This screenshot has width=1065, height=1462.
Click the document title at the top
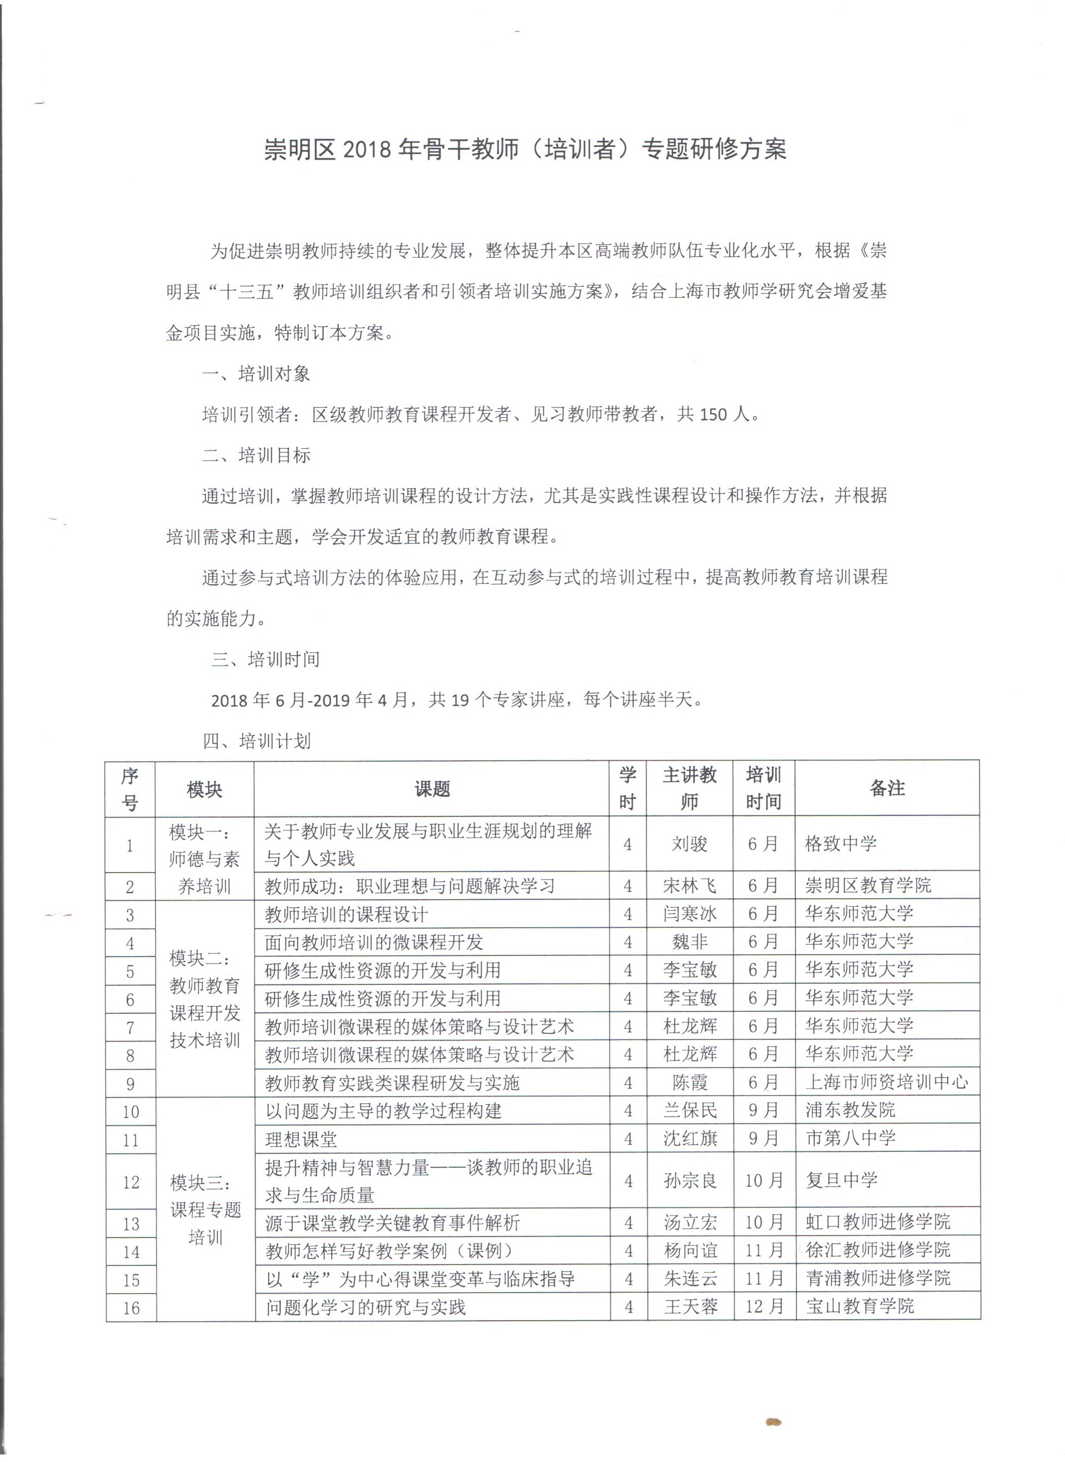click(525, 149)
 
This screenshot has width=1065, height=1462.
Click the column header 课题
click(432, 788)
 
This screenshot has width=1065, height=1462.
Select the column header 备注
click(887, 788)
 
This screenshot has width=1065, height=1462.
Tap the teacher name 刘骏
click(689, 844)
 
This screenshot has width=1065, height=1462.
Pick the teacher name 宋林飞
click(689, 886)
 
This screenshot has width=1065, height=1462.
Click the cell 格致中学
click(840, 844)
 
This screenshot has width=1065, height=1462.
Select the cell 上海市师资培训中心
click(887, 1082)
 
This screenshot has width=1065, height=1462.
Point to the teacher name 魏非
click(689, 942)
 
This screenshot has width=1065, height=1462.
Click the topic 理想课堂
click(301, 1139)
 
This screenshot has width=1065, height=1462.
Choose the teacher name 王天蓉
click(691, 1307)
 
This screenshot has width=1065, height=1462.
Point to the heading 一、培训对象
click(256, 374)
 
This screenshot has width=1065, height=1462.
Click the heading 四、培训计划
click(257, 741)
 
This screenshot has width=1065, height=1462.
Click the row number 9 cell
click(130, 1084)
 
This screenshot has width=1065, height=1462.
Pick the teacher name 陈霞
click(689, 1082)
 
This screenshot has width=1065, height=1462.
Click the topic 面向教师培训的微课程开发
click(373, 942)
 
